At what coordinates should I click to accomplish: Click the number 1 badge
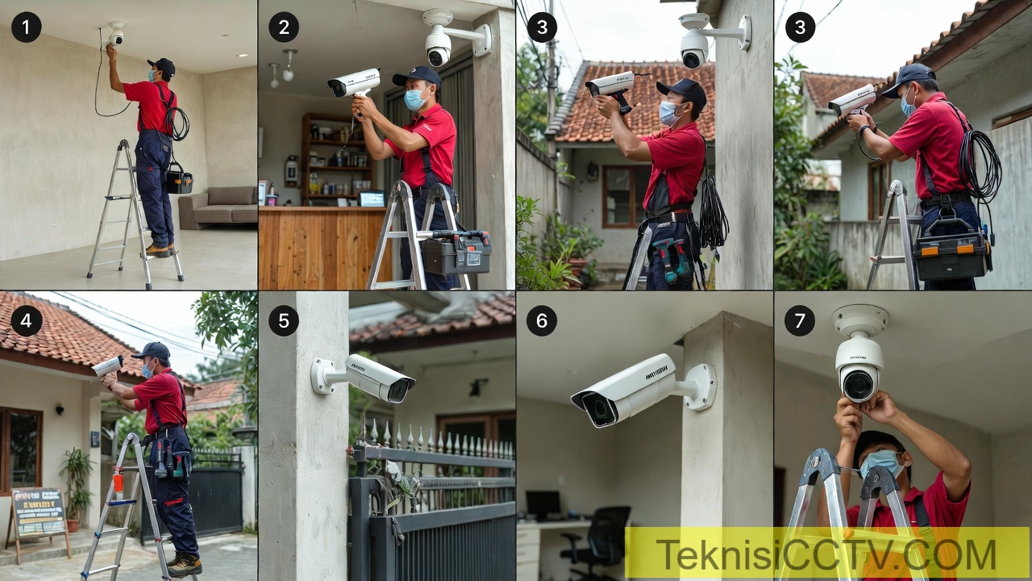click(26, 27)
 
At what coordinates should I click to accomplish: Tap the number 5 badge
click(284, 320)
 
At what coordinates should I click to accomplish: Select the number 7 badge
click(800, 320)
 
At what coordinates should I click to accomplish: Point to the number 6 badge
click(542, 320)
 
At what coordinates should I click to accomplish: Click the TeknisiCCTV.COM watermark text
click(826, 555)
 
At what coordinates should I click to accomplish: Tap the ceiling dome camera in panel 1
click(117, 33)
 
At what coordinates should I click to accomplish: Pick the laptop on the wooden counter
click(372, 199)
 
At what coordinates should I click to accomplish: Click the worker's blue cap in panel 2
click(418, 77)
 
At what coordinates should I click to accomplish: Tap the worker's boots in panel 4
click(184, 565)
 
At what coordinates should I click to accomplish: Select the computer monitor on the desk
click(543, 504)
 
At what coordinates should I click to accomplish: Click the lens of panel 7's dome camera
click(858, 384)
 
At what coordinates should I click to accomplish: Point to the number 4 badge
click(26, 320)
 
